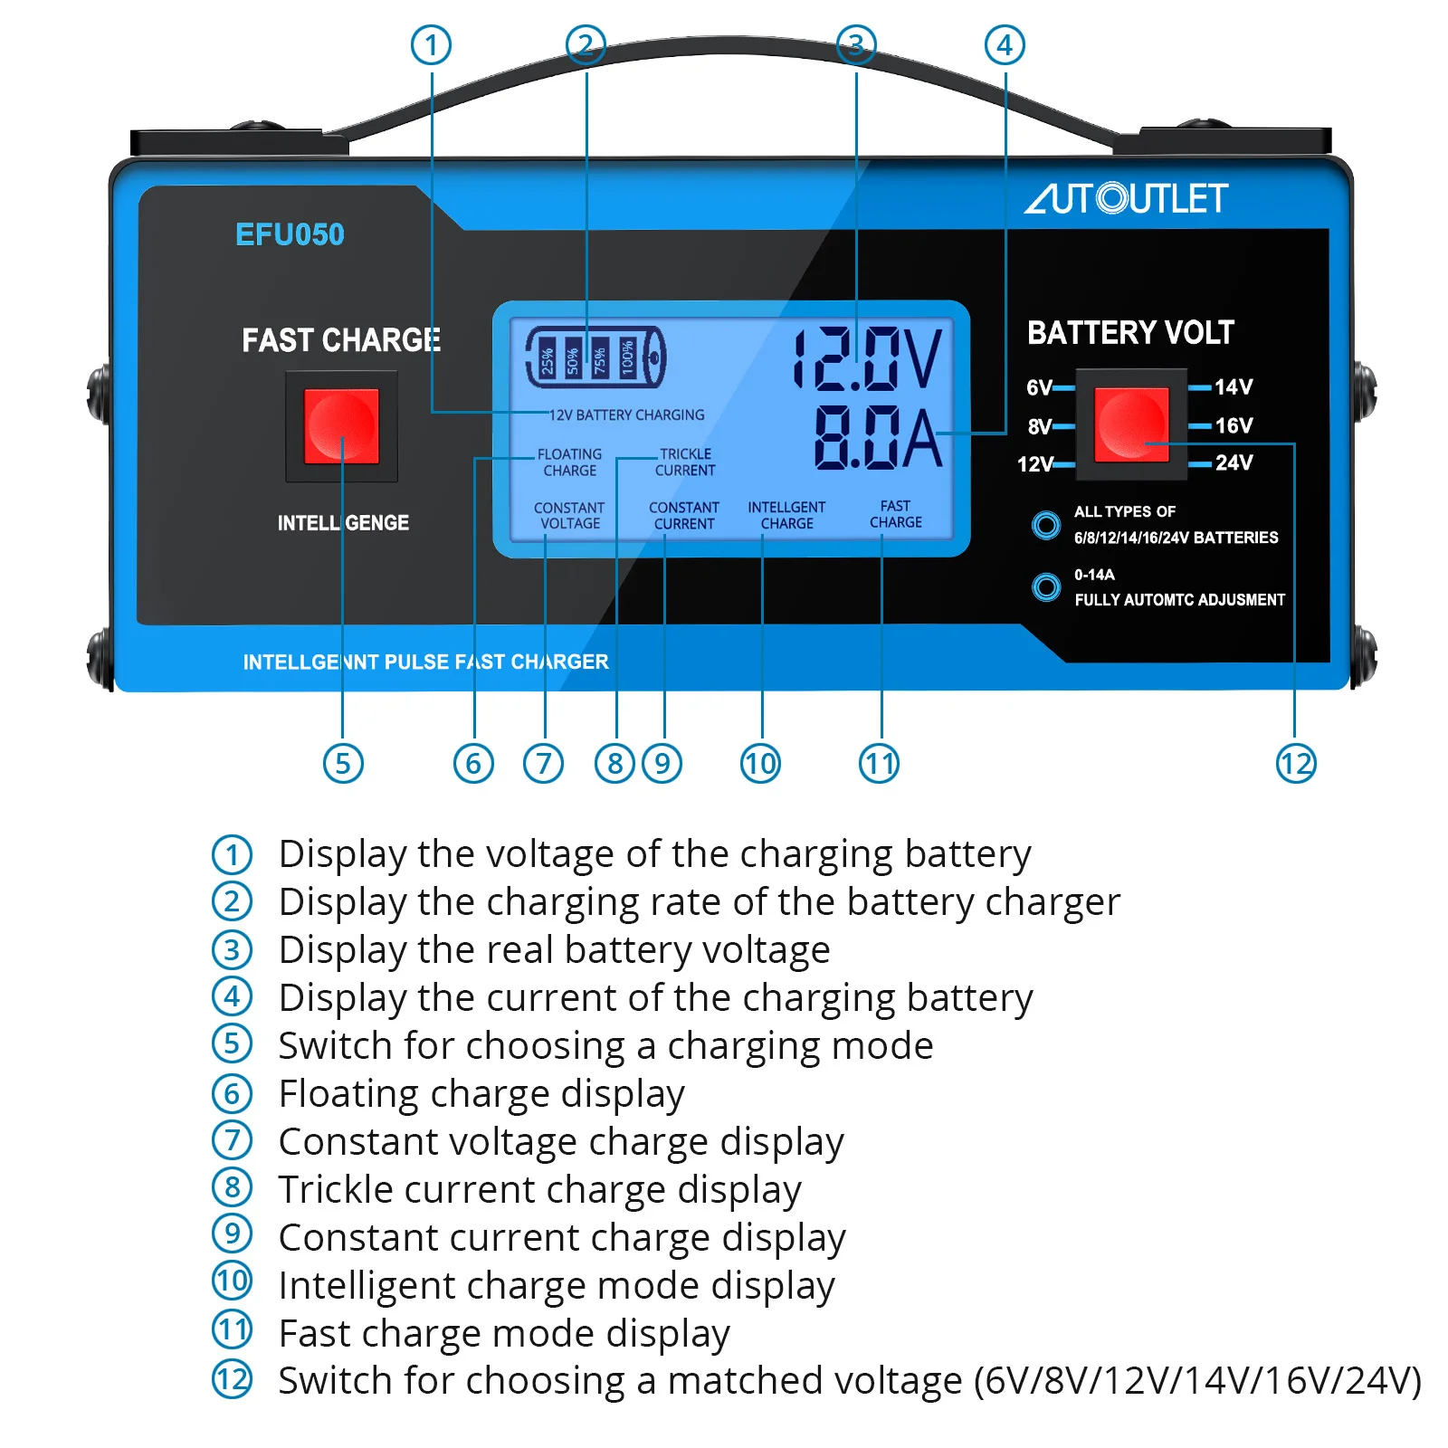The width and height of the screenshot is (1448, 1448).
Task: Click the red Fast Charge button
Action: [341, 426]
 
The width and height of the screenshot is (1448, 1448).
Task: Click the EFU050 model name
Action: [290, 234]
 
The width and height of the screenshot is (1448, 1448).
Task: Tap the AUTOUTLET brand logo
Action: [1126, 198]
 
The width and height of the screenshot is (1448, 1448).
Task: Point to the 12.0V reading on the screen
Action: [867, 359]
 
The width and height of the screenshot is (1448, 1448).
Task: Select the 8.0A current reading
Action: [877, 438]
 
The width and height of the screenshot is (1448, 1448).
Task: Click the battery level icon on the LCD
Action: [595, 357]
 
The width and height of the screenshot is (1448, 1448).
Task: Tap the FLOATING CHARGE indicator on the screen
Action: [569, 462]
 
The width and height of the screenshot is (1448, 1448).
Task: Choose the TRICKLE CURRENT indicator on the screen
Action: [685, 462]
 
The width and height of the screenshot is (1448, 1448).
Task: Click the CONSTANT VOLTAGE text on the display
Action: [569, 516]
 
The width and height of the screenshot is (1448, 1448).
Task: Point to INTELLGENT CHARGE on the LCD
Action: [786, 515]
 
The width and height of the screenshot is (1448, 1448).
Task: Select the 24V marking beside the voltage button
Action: [1234, 463]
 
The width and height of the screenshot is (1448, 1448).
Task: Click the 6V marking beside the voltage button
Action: [1039, 388]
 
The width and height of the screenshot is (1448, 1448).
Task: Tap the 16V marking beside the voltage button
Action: [1234, 425]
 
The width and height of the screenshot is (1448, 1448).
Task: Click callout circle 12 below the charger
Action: [1295, 764]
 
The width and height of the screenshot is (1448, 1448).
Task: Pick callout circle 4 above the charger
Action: [1005, 45]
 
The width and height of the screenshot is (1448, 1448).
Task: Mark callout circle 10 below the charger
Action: [760, 764]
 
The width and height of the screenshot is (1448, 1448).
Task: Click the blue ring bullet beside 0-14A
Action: [1046, 587]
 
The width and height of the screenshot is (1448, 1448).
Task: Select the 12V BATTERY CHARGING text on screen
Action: [627, 415]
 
